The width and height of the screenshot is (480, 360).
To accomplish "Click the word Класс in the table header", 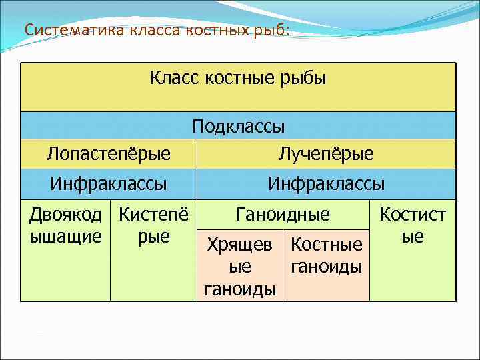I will pyautogui.click(x=175, y=79).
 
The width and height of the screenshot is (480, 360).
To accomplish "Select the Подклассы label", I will pyautogui.click(x=238, y=126).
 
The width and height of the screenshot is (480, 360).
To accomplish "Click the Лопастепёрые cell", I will pyautogui.click(x=109, y=154).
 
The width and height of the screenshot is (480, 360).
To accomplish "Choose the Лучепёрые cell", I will pyautogui.click(x=326, y=154).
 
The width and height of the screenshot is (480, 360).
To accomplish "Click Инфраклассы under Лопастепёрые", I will pyautogui.click(x=109, y=183).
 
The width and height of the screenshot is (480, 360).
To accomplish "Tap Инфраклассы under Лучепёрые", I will pyautogui.click(x=326, y=183).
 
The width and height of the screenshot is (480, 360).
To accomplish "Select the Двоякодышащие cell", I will pyautogui.click(x=65, y=225).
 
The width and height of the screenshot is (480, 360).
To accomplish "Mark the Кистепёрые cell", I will pyautogui.click(x=153, y=225).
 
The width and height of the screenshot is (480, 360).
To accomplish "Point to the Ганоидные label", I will pyautogui.click(x=283, y=215).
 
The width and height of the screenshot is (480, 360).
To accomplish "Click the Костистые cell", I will pyautogui.click(x=413, y=225).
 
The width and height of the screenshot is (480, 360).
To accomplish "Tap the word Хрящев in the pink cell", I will pyautogui.click(x=240, y=245).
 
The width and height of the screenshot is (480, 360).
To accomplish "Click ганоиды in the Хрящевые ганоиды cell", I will pyautogui.click(x=240, y=289).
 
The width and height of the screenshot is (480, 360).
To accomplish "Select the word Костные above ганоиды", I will pyautogui.click(x=327, y=245).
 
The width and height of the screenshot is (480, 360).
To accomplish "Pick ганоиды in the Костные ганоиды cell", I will pyautogui.click(x=327, y=267).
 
